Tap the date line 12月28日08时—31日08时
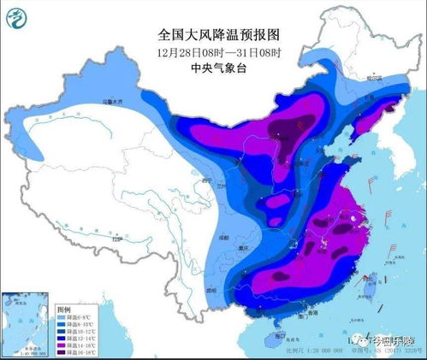coord(219,51)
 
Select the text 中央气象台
coord(219,67)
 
